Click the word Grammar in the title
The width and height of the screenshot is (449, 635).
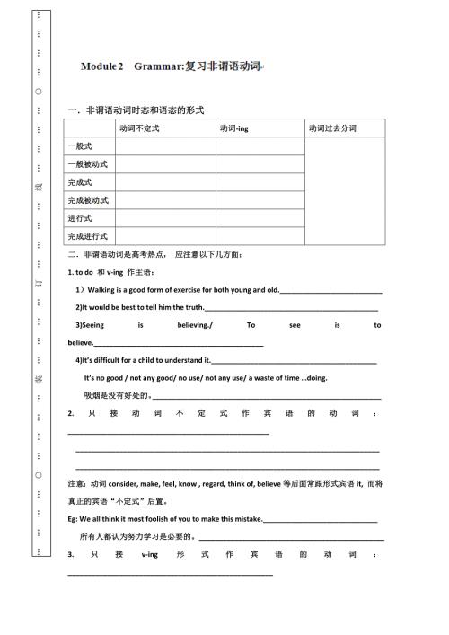click(x=159, y=67)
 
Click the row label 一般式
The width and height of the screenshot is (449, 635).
click(x=81, y=146)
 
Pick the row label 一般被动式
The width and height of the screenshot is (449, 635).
click(x=87, y=163)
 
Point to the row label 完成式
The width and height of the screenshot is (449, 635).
click(x=81, y=181)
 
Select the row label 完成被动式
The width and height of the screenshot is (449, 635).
click(x=87, y=199)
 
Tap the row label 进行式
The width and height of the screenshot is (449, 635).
click(x=81, y=217)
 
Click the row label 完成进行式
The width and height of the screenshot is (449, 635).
click(x=87, y=236)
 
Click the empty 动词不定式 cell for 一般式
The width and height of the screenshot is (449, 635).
click(x=164, y=146)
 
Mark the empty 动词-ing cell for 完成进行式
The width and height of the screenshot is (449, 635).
click(x=260, y=236)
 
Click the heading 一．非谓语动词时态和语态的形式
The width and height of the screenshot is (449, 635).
click(x=136, y=110)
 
